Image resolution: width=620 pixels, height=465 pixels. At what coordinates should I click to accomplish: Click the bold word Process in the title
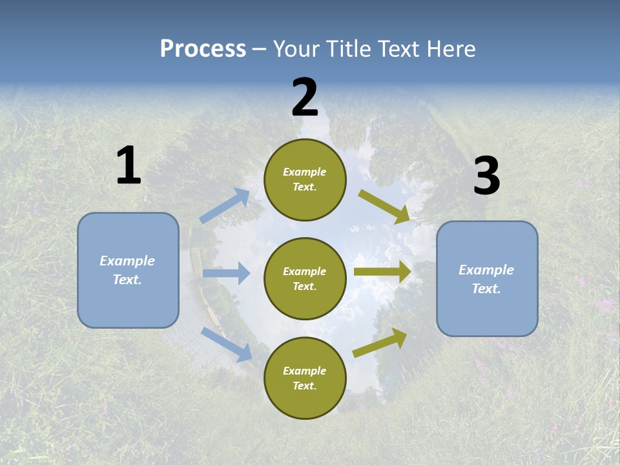pyautogui.click(x=203, y=49)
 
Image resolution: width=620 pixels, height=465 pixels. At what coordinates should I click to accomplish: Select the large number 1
pyautogui.click(x=129, y=166)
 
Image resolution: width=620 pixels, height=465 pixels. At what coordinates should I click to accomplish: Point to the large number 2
pyautogui.click(x=305, y=98)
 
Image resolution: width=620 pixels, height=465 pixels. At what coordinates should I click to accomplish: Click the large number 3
pyautogui.click(x=486, y=176)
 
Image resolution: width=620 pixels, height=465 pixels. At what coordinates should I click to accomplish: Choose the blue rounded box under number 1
pyautogui.click(x=128, y=270)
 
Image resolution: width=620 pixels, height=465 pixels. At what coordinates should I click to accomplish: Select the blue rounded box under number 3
pyautogui.click(x=487, y=278)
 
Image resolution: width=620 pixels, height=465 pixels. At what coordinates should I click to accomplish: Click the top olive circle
pyautogui.click(x=305, y=180)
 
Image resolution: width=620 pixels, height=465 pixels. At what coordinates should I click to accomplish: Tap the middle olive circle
pyautogui.click(x=305, y=278)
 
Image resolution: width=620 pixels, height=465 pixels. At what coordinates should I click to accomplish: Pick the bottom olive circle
pyautogui.click(x=305, y=378)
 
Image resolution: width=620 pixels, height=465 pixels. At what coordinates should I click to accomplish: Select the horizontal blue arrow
pyautogui.click(x=226, y=273)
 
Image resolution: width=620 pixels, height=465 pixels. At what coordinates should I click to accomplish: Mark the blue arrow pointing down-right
pyautogui.click(x=227, y=344)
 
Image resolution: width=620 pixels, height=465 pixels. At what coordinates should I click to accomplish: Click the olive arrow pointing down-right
pyautogui.click(x=384, y=206)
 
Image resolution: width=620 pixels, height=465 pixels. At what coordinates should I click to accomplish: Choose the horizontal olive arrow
pyautogui.click(x=382, y=272)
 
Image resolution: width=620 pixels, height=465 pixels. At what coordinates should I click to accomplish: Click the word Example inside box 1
pyautogui.click(x=127, y=261)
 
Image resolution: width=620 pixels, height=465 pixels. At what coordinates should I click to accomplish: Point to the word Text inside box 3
pyautogui.click(x=486, y=289)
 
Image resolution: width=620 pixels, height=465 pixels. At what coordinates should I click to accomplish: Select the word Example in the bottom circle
pyautogui.click(x=304, y=371)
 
